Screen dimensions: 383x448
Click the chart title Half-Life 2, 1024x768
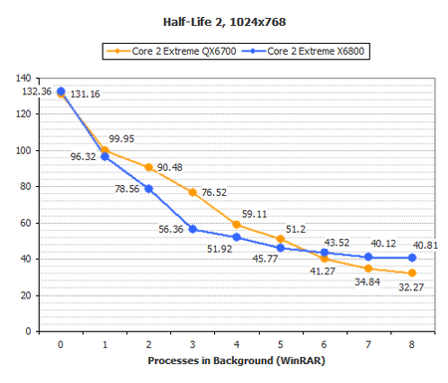[x=224, y=19]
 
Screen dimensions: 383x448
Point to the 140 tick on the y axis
[x=25, y=78]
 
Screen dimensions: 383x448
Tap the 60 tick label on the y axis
[x=28, y=223]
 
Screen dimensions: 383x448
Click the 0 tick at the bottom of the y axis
[x=31, y=331]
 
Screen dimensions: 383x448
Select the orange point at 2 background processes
[x=148, y=167]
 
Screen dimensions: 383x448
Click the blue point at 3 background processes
[x=192, y=229]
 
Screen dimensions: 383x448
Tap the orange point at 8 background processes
[x=411, y=273]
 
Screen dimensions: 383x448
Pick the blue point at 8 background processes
[x=411, y=258]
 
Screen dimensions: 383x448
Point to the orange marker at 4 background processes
[x=236, y=224]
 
